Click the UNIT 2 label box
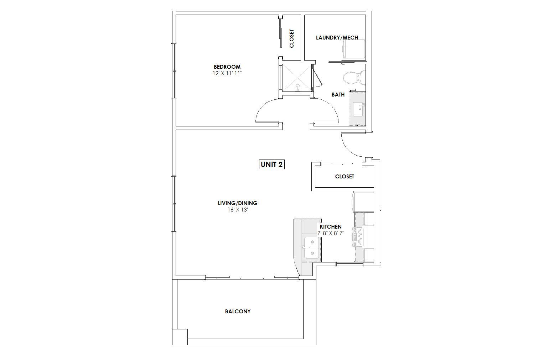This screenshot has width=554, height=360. tap(271, 165)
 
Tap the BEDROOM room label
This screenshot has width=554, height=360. tap(227, 67)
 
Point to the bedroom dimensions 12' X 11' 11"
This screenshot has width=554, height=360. tap(227, 73)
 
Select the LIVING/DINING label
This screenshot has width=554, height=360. tap(237, 203)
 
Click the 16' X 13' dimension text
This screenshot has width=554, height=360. tap(238, 210)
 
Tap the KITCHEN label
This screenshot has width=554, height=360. tap(331, 227)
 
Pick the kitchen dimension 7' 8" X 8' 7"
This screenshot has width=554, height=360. tap(331, 233)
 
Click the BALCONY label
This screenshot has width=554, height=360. tap(238, 312)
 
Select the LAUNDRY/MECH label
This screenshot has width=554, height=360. tap(337, 38)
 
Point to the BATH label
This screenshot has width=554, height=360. tap(338, 95)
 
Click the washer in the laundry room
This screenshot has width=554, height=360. tap(354, 49)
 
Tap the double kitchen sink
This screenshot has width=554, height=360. tap(311, 248)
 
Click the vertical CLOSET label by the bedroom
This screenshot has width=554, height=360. tap(291, 38)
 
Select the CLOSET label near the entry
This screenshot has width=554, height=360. tap(345, 177)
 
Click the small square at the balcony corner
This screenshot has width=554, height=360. tap(180, 337)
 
